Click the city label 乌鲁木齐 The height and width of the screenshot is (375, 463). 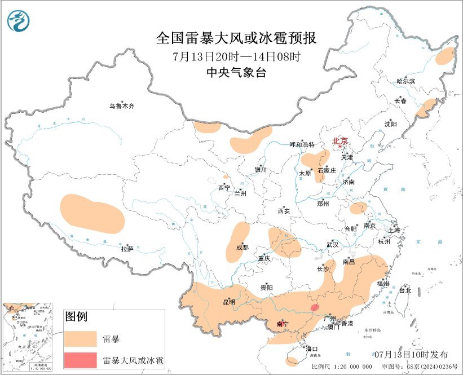tap(122, 105)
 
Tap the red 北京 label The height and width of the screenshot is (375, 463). tap(340, 141)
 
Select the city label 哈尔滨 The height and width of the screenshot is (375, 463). tap(405, 81)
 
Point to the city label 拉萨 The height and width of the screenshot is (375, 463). tap(127, 248)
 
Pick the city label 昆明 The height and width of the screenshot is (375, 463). tap(228, 302)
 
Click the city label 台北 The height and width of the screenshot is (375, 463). tap(405, 290)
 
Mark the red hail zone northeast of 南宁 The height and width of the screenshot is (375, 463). tap(315, 307)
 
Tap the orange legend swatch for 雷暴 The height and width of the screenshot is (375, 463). tap(80, 338)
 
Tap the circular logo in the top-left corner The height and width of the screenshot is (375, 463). tap(19, 21)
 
